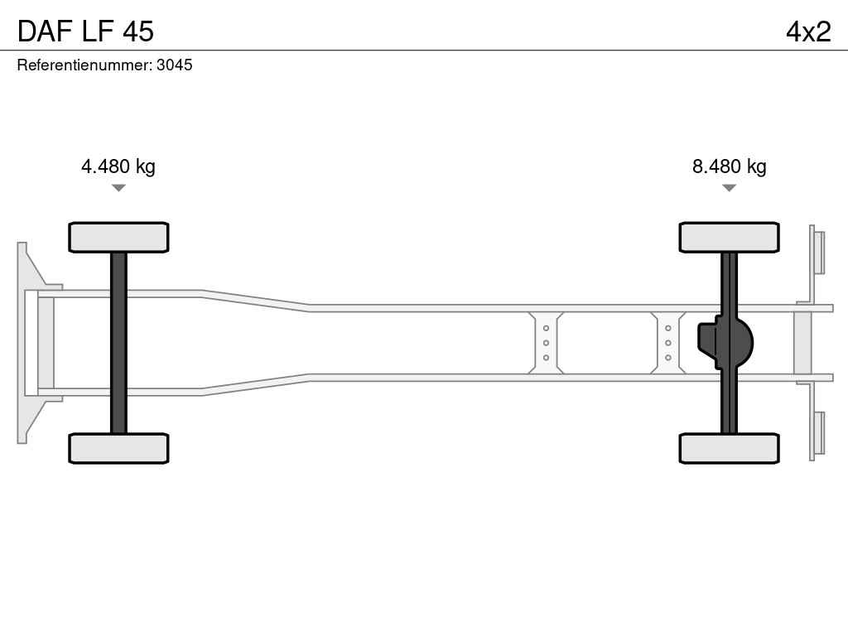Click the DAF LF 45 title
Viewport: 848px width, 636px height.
tap(85, 31)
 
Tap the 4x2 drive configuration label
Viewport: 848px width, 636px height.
tap(808, 31)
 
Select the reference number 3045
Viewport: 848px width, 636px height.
tap(174, 65)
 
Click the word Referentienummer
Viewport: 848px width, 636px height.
tap(85, 65)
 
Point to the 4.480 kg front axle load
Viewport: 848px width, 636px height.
tap(118, 166)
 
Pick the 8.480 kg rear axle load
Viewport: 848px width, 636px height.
tap(729, 166)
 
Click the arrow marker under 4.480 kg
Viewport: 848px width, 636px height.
tap(118, 188)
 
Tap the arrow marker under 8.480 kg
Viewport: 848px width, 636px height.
tap(729, 188)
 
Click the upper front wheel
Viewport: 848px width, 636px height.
tap(118, 238)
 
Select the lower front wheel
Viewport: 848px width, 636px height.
tap(118, 448)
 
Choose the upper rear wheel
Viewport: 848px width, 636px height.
tap(729, 238)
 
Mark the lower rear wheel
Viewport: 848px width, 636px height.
tap(729, 448)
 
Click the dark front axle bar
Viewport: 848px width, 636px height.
tap(118, 343)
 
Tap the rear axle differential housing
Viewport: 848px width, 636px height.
tap(725, 343)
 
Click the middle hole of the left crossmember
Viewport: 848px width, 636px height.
tap(546, 343)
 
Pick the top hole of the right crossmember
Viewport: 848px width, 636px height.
tap(668, 328)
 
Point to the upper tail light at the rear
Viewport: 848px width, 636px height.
tap(817, 253)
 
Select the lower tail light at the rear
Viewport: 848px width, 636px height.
tap(817, 434)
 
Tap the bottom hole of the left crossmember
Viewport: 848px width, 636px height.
tap(546, 358)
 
